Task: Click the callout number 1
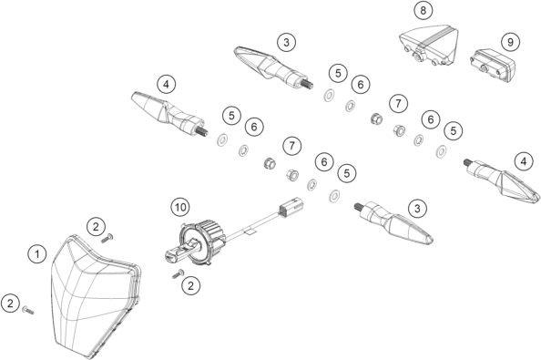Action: click(x=37, y=254)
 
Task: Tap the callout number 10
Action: click(x=180, y=207)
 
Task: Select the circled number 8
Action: click(x=423, y=10)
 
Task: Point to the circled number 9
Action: click(x=510, y=42)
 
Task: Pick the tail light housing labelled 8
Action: click(x=430, y=44)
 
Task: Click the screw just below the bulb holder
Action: click(x=178, y=274)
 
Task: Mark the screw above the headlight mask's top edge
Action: click(x=107, y=238)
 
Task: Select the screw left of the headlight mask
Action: click(x=28, y=310)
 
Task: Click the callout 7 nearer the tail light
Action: click(x=398, y=103)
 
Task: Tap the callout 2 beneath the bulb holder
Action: click(x=190, y=285)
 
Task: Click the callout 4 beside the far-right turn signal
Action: click(x=524, y=161)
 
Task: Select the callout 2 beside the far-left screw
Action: click(x=10, y=303)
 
